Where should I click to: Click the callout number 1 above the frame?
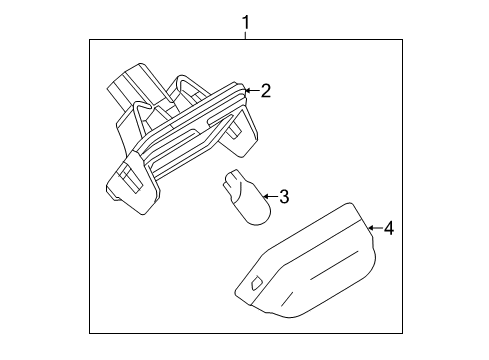click(x=245, y=23)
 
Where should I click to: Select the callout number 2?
click(x=266, y=91)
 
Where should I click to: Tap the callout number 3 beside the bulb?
click(x=284, y=196)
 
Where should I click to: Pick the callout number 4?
click(x=389, y=228)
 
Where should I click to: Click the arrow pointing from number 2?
click(x=252, y=90)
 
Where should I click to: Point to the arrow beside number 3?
click(x=271, y=196)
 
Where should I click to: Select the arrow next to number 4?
click(x=375, y=228)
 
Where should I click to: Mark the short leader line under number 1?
click(x=246, y=35)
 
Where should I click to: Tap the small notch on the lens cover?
click(x=256, y=283)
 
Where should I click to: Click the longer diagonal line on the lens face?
click(x=334, y=264)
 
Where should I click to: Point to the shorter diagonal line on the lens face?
click(x=287, y=299)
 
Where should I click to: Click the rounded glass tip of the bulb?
click(x=256, y=211)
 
